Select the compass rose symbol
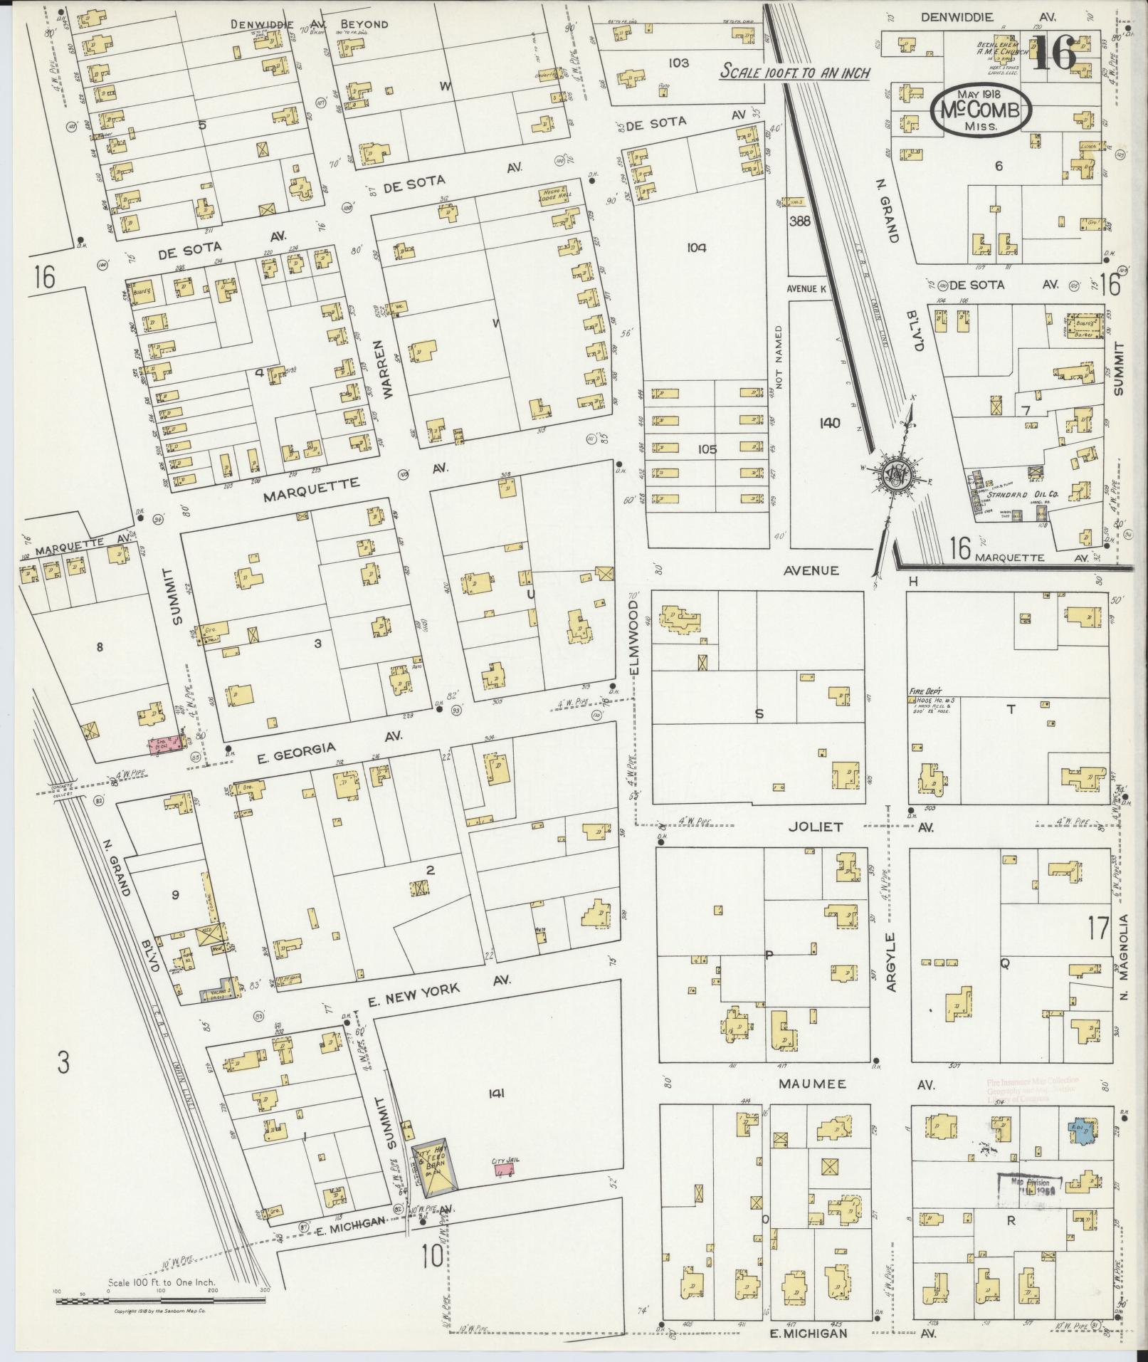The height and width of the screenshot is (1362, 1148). (894, 473)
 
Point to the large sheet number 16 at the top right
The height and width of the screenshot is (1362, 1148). (1053, 53)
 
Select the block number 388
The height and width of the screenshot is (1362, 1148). (799, 221)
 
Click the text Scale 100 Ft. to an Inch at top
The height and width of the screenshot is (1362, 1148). (795, 72)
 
